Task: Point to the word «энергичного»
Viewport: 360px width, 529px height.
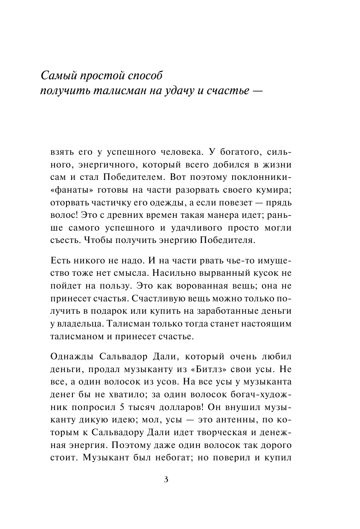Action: [98, 165]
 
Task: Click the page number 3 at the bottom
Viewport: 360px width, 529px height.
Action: [166, 479]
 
